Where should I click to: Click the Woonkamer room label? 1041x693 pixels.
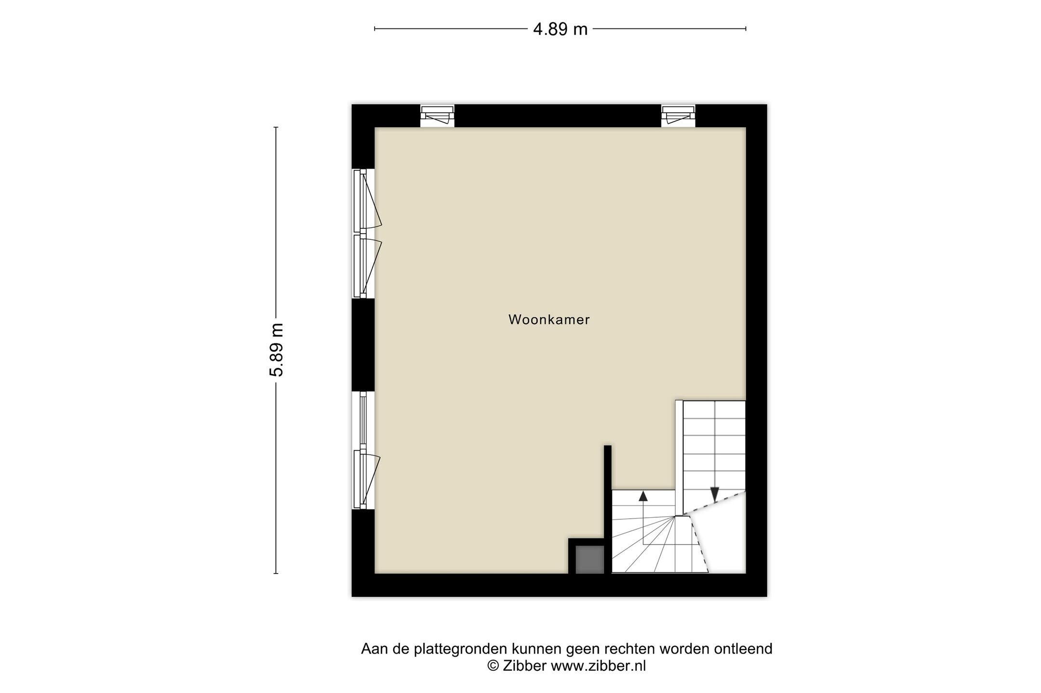point(549,320)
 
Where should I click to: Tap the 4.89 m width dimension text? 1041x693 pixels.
point(560,29)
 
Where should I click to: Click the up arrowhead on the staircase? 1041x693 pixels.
point(643,496)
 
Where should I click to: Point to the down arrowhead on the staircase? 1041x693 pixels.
point(714,494)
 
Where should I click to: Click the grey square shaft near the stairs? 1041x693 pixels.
point(590,559)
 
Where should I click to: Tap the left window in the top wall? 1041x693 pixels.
point(437,116)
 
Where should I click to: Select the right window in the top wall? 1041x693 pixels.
point(678,116)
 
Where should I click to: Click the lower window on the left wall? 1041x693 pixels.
point(364,450)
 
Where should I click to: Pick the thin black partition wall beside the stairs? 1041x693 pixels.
point(608,509)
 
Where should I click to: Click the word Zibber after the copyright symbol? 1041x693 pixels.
point(524,666)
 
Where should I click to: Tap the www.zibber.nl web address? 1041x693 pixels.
point(598,666)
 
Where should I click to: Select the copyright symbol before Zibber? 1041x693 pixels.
point(493,666)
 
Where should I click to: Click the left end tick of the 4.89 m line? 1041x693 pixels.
point(375,29)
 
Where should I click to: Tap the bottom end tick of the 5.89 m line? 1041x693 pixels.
point(276,573)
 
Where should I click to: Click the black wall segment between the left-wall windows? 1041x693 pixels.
point(363,345)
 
